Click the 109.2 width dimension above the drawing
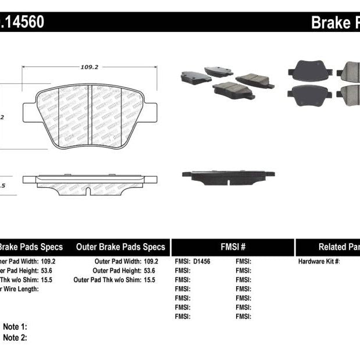89,67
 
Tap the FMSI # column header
233,247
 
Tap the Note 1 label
15,327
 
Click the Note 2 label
15,337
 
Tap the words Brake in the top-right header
329,23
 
